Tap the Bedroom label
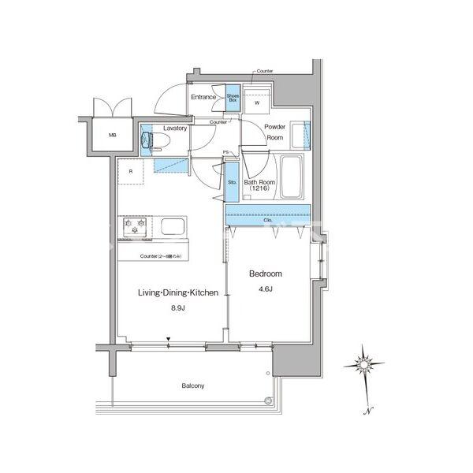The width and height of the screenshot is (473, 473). click(x=266, y=274)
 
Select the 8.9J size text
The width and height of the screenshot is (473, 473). click(x=178, y=307)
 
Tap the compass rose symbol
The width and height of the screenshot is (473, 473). click(x=365, y=364)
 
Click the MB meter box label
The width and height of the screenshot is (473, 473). click(x=112, y=136)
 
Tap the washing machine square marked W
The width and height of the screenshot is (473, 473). click(x=256, y=101)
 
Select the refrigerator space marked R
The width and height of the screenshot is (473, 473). click(x=129, y=171)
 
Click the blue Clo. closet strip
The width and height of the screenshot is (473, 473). click(x=267, y=214)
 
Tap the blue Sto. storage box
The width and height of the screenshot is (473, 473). click(x=232, y=183)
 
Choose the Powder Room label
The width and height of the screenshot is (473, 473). click(x=274, y=132)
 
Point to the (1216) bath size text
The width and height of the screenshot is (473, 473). click(x=258, y=189)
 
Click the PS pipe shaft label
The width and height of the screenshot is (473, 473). click(x=225, y=152)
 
